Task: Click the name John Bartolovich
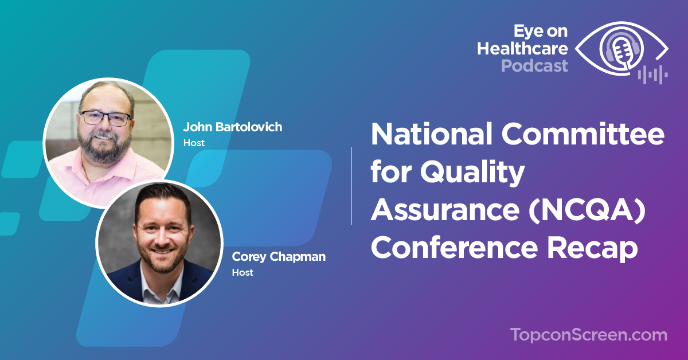point(233,127)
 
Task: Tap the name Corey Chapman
point(279,257)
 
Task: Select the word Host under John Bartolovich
point(194,143)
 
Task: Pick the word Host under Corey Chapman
point(243,272)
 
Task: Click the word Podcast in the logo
point(534,66)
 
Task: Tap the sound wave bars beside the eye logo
point(652,75)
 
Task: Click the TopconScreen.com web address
point(588,335)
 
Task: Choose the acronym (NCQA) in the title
point(587,210)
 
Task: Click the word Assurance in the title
point(445,210)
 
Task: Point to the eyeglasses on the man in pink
point(106,118)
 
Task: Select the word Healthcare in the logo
point(522,49)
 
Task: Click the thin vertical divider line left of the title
point(351,186)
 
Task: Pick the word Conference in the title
point(455,248)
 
